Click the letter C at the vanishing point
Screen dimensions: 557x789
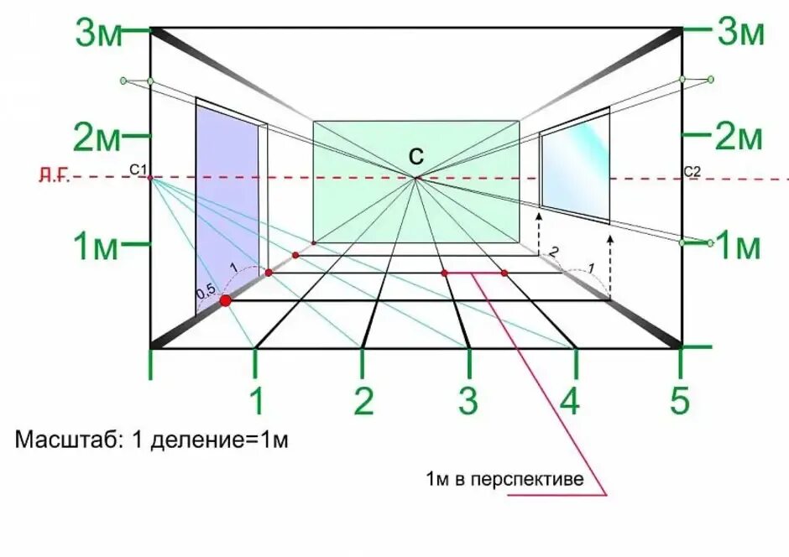pos(416,157)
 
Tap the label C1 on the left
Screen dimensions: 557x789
pos(138,169)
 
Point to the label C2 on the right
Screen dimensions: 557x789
pos(692,172)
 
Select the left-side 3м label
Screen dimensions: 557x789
pos(99,34)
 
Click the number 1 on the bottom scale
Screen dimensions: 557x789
pos(257,402)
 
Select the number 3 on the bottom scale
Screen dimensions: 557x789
pos(468,402)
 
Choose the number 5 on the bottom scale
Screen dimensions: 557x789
pos(680,402)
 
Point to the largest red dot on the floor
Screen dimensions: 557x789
pos(225,300)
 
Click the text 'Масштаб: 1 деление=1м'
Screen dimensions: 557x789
pos(151,440)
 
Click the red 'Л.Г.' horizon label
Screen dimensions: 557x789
pos(54,175)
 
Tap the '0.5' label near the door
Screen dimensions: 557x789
pos(206,292)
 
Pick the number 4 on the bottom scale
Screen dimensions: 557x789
pos(570,402)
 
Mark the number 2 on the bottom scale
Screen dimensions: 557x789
pos(363,402)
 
